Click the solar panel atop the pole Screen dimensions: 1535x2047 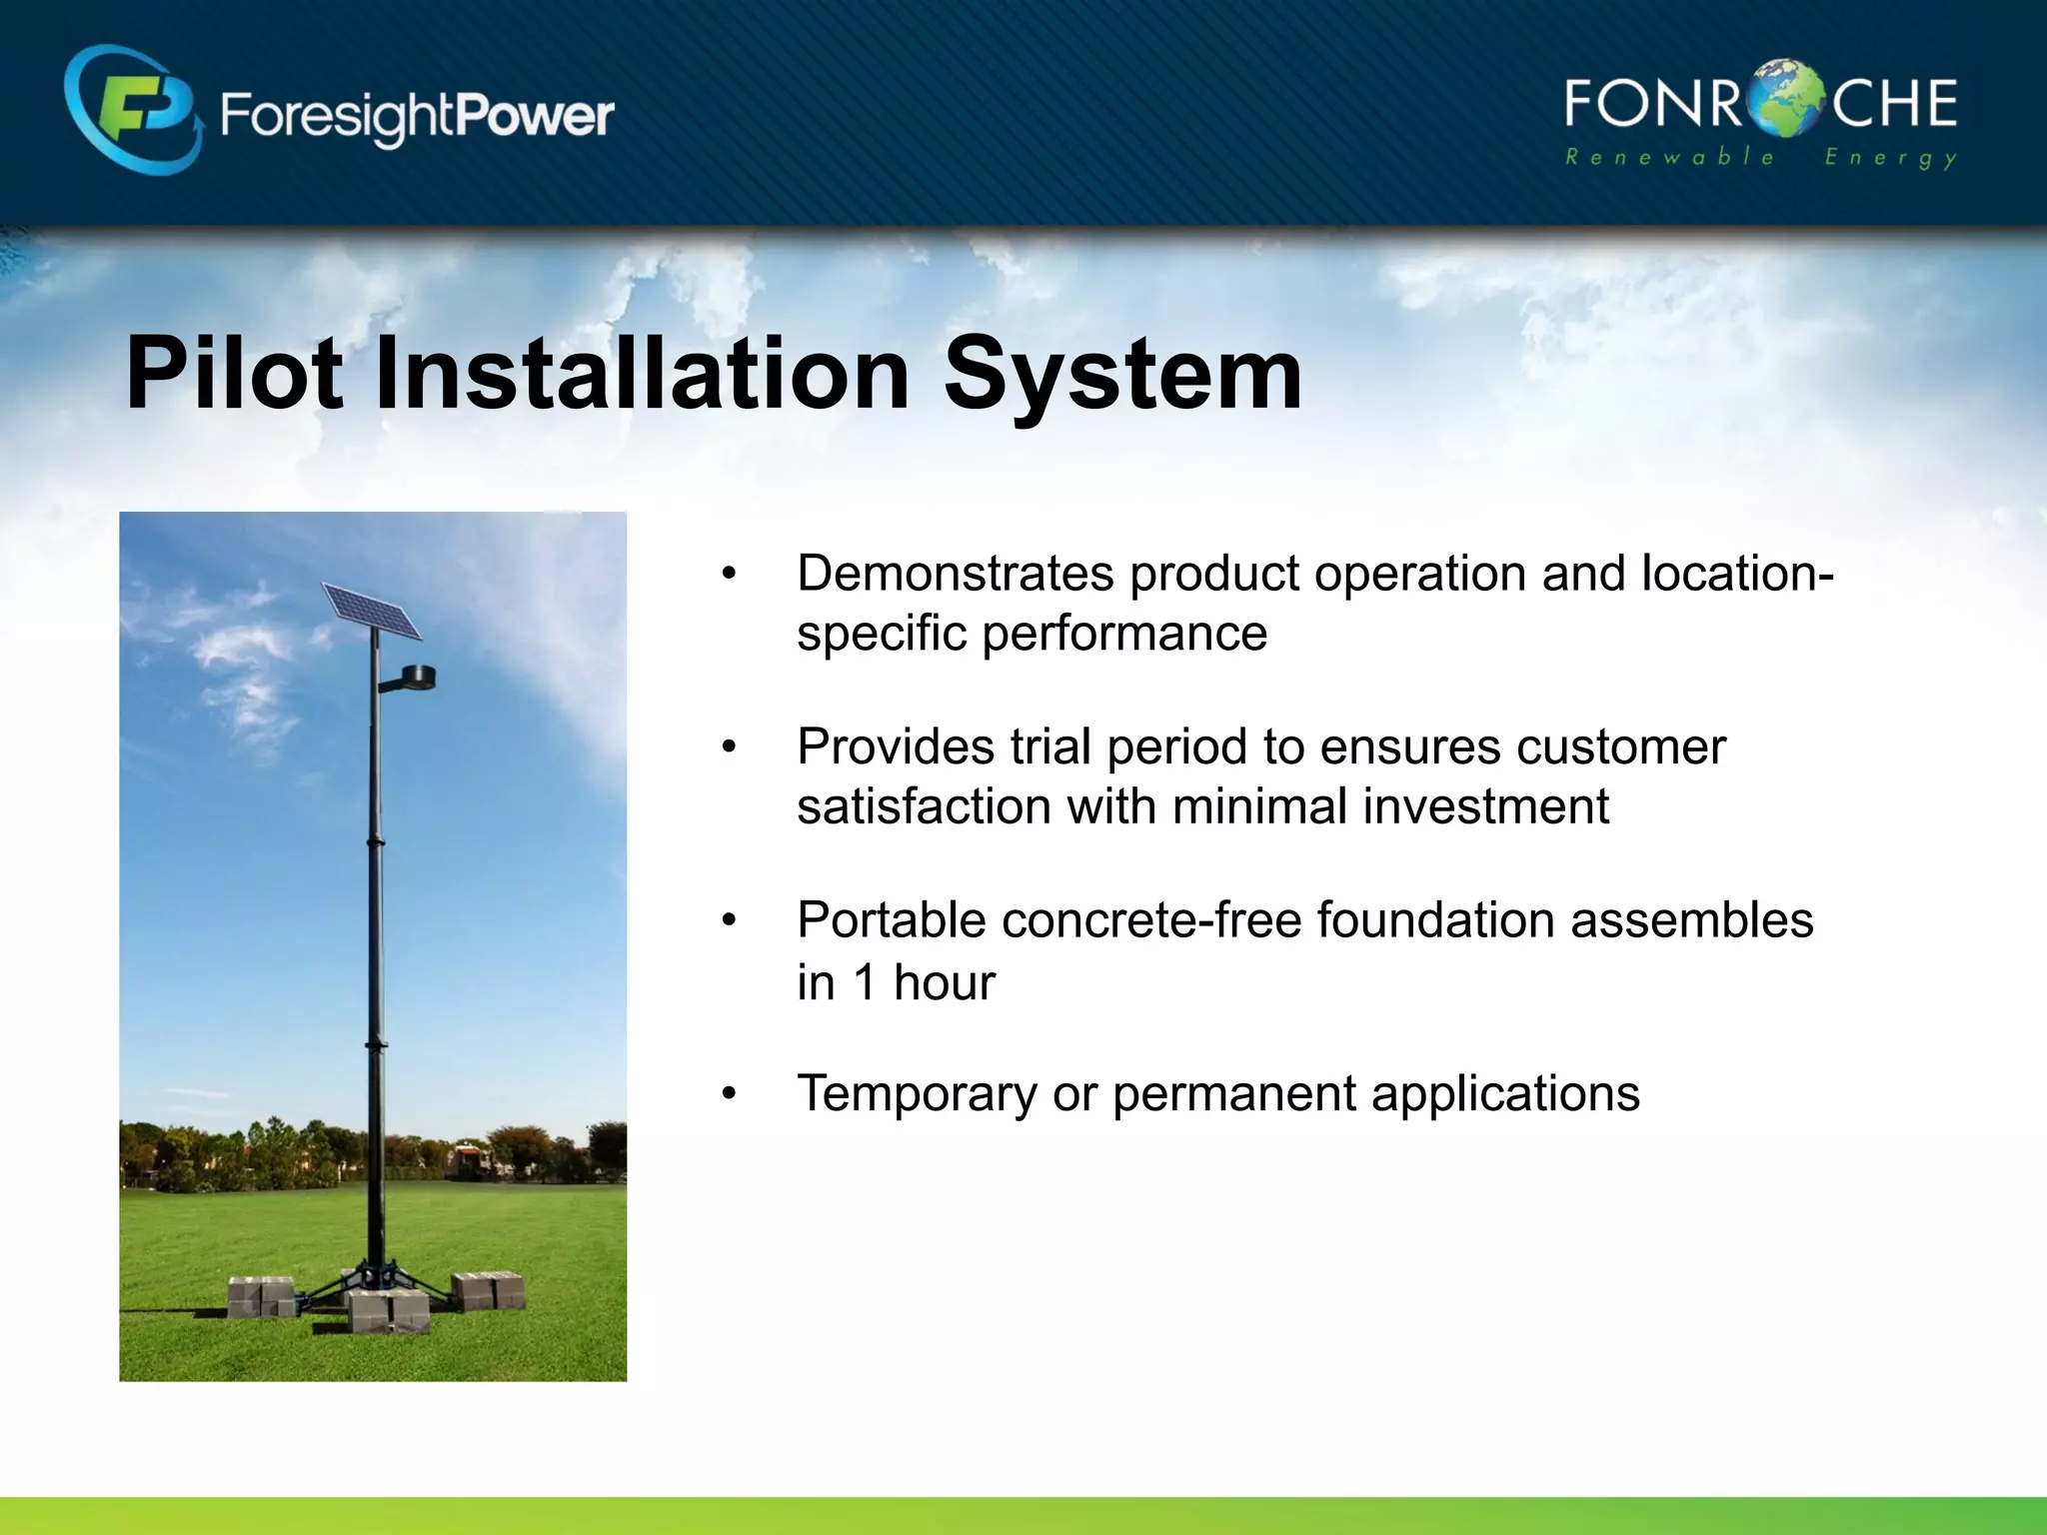(371, 611)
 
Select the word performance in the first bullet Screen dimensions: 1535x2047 (1124, 634)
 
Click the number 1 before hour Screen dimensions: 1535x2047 (866, 982)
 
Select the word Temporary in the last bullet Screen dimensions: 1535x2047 (917, 1093)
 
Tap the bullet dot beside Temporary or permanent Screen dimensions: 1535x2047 (730, 1093)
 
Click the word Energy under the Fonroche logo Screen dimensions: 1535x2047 (1890, 158)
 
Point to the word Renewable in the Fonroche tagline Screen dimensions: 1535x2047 (1669, 157)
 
